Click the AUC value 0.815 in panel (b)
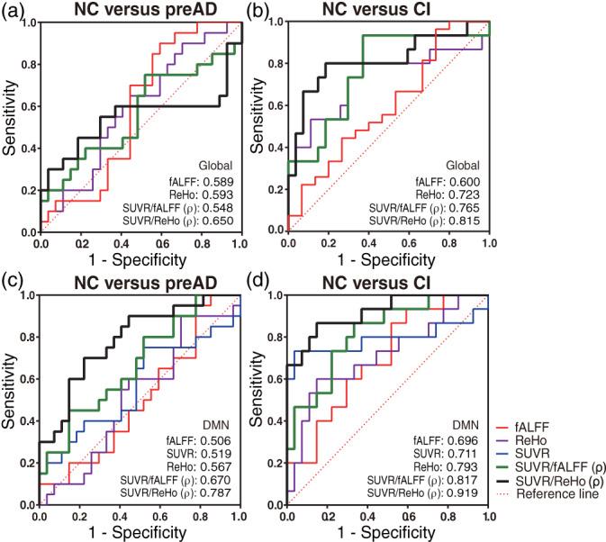pyautogui.click(x=466, y=221)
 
